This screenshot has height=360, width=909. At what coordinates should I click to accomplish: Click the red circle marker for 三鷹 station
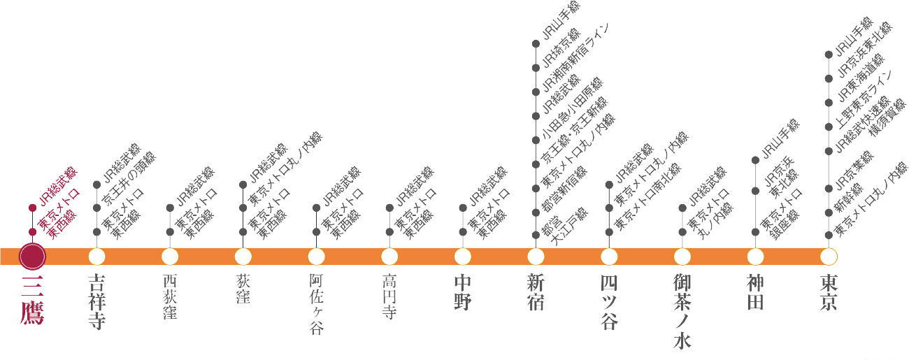[32, 257]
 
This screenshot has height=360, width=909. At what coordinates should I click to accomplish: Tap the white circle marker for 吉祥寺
[96, 257]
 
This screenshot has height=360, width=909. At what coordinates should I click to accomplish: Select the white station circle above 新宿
[536, 257]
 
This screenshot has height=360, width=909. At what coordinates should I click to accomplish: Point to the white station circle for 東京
[829, 257]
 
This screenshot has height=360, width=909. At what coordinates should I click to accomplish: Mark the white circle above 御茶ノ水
[682, 257]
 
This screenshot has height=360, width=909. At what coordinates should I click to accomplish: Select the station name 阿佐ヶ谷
[316, 304]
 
